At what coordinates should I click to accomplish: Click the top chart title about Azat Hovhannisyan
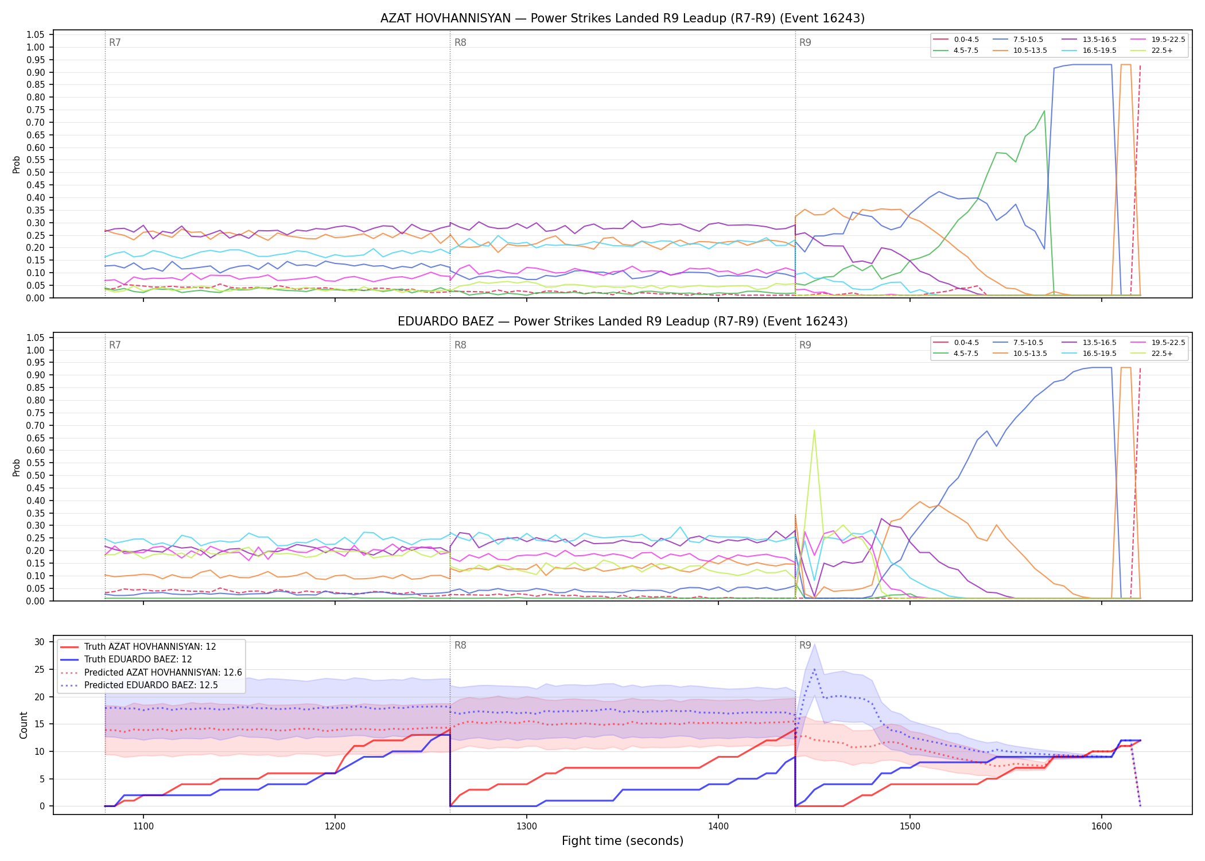(x=623, y=18)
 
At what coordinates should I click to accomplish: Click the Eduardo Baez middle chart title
(x=623, y=321)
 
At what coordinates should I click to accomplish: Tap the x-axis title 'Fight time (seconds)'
(x=623, y=841)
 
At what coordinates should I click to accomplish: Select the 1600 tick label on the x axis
(x=1102, y=826)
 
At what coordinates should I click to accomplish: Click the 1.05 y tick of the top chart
(x=36, y=35)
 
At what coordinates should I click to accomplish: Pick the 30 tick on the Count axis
(x=39, y=642)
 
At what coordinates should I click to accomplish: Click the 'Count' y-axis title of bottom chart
(x=24, y=725)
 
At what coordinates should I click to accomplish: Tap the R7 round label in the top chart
(x=115, y=42)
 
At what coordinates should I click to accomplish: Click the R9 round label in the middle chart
(x=805, y=345)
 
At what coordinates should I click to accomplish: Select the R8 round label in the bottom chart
(x=460, y=645)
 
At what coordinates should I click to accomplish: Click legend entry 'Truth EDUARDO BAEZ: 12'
(x=138, y=660)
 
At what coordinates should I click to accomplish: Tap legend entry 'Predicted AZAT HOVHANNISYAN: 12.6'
(x=151, y=672)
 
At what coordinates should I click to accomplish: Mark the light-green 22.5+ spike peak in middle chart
(x=814, y=430)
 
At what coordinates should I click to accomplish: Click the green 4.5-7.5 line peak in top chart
(x=1044, y=111)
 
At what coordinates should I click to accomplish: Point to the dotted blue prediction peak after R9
(x=814, y=669)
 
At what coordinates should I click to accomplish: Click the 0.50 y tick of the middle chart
(x=36, y=475)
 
